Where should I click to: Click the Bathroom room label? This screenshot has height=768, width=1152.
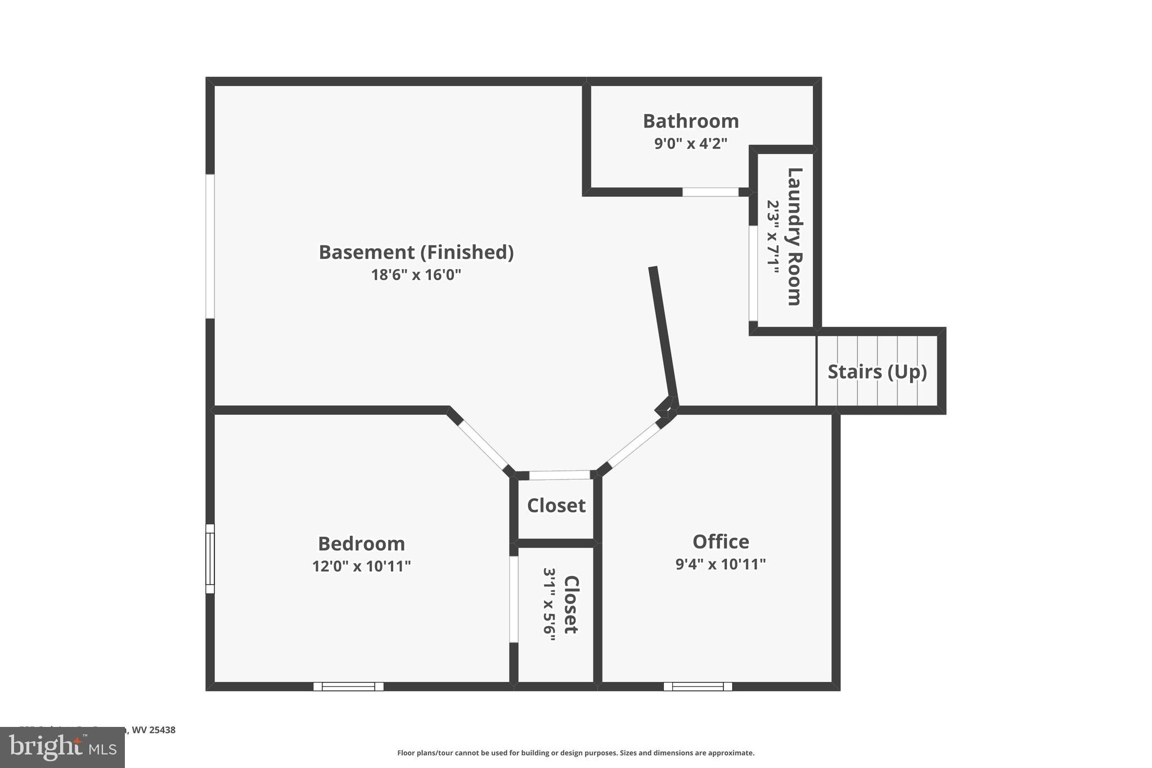(x=690, y=121)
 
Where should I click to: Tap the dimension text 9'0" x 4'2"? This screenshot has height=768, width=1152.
(x=690, y=143)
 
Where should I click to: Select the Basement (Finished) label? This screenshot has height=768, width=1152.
(x=416, y=252)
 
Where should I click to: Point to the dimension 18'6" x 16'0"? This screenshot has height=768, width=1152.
(x=416, y=275)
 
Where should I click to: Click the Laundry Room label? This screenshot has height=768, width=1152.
(x=794, y=236)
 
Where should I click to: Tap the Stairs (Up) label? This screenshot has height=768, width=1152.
(x=877, y=372)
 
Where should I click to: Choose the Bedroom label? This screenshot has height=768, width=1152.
(x=361, y=544)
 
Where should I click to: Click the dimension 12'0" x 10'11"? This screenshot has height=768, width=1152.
(x=361, y=566)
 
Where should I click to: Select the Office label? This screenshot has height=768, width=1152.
(x=721, y=541)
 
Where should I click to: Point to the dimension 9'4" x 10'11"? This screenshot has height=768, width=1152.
(x=721, y=564)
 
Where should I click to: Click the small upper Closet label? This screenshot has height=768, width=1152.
(x=556, y=505)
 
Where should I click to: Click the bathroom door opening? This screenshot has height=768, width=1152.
(x=710, y=192)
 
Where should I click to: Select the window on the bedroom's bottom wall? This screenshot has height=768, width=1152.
(x=348, y=686)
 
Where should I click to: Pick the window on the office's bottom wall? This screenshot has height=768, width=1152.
(x=697, y=686)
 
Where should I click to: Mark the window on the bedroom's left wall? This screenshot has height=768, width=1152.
(x=210, y=559)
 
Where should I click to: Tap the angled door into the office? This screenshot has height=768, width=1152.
(x=634, y=445)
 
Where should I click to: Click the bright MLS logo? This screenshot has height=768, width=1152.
(x=62, y=748)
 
